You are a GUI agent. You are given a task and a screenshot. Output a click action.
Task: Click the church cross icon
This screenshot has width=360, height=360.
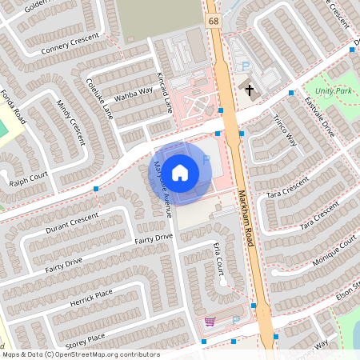(250, 90)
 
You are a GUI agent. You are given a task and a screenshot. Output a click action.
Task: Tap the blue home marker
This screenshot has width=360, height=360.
(180, 172)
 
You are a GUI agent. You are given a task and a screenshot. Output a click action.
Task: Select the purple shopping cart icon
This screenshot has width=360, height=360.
(210, 321)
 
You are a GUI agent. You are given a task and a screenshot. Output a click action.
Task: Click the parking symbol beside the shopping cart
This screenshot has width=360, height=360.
(235, 321)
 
